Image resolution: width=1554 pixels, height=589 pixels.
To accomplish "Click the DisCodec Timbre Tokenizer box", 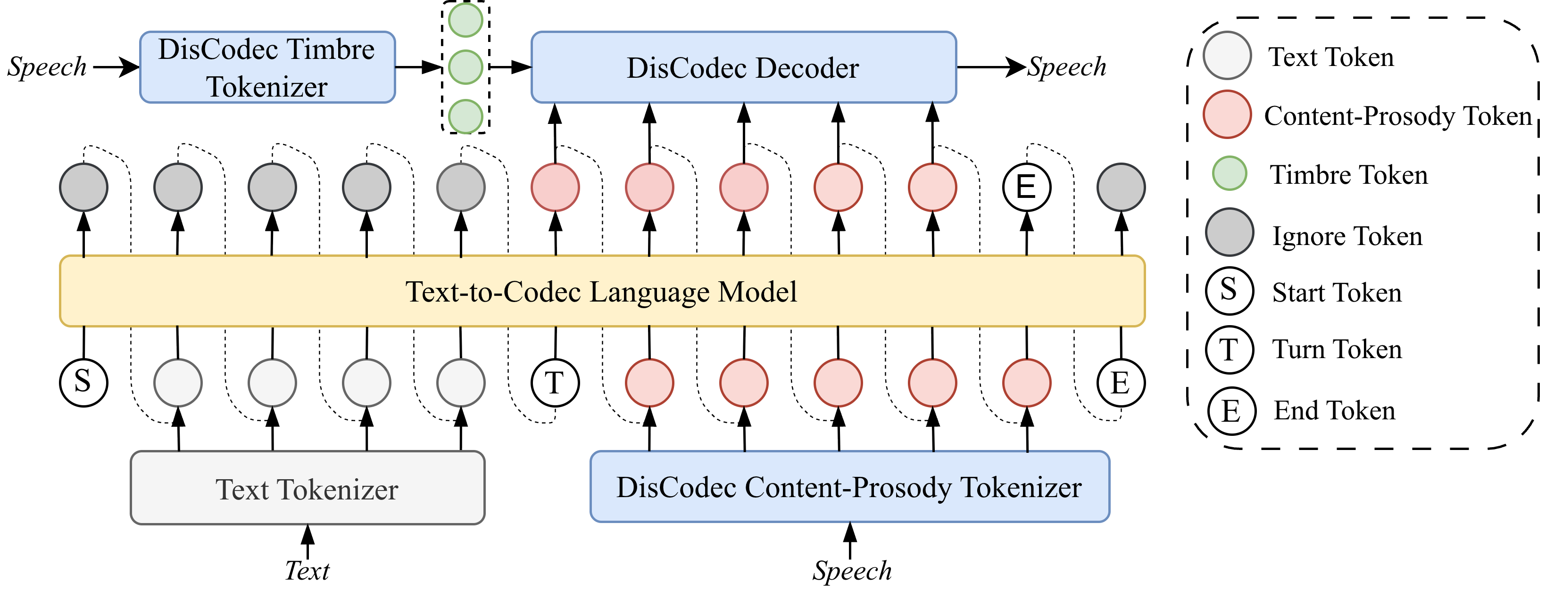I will [267, 67].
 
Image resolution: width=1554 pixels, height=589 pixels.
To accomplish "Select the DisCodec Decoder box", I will [743, 67].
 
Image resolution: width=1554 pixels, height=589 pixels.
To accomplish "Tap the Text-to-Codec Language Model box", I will [601, 291].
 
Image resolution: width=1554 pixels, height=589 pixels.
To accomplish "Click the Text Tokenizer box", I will [307, 488].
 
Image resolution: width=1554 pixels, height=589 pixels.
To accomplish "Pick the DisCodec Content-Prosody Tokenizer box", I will [849, 486].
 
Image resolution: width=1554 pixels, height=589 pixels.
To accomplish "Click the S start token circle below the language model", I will [83, 382].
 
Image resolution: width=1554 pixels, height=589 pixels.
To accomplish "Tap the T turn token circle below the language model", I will [555, 382].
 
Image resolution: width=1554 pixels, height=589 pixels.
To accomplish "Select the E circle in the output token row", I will [1026, 187].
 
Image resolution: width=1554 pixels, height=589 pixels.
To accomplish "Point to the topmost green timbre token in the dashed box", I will [465, 19].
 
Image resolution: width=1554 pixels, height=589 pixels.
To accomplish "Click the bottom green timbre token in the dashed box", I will [465, 116].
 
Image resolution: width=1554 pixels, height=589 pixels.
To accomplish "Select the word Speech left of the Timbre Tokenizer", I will [47, 66].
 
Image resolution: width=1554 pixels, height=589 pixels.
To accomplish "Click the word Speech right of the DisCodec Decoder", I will [1066, 66].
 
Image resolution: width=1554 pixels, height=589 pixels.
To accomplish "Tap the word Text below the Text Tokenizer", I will [307, 570].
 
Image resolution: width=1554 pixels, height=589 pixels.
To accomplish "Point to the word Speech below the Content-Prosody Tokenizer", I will [851, 570].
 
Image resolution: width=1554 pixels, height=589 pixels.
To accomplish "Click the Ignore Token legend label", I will [1347, 235].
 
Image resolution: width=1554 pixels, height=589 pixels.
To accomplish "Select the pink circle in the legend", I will [1226, 115].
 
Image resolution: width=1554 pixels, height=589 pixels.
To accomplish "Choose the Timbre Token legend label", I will [1349, 175].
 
